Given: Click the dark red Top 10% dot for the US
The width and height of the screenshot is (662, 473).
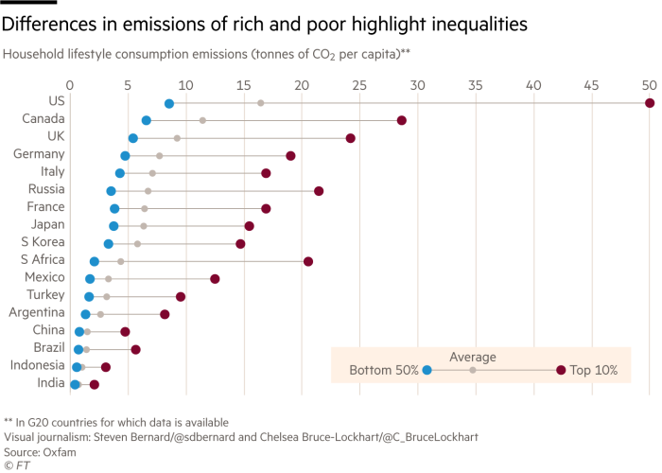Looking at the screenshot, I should click(650, 102).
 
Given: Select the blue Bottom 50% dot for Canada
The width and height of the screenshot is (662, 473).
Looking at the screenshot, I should click(146, 120).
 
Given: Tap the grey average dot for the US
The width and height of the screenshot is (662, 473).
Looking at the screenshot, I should click(261, 102).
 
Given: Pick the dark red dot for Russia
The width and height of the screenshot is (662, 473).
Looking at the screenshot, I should click(319, 191).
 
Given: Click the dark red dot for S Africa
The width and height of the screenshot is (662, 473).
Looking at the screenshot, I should click(308, 261).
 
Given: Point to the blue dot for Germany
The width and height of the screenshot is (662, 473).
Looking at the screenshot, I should click(125, 155).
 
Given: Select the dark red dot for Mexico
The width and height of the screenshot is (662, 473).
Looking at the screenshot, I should click(215, 279).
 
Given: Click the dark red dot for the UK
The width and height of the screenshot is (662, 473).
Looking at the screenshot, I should click(351, 138).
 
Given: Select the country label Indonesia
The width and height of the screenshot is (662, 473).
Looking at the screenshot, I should click(37, 365).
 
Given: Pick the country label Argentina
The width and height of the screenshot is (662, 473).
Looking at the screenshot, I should click(37, 312).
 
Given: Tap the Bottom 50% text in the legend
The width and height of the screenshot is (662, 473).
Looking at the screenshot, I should click(384, 371).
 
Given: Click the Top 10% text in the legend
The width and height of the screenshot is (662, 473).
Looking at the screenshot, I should click(594, 371).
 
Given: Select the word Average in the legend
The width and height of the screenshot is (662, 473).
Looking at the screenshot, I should click(473, 357).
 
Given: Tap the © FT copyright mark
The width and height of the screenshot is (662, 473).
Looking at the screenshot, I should click(16, 464).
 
